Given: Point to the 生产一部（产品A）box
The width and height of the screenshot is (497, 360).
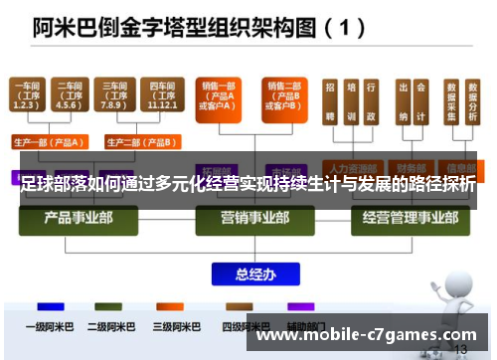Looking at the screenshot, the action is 50,140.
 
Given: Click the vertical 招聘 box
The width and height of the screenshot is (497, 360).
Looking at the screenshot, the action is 330,103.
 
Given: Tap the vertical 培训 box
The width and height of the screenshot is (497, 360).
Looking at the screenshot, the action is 350,103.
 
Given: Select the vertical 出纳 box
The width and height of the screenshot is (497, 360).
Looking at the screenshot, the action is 405,103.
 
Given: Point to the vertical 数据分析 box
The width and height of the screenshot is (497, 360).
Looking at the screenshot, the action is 473,103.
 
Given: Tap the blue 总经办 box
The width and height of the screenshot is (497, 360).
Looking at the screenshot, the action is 248,273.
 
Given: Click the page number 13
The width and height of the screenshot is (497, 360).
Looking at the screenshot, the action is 460,350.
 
